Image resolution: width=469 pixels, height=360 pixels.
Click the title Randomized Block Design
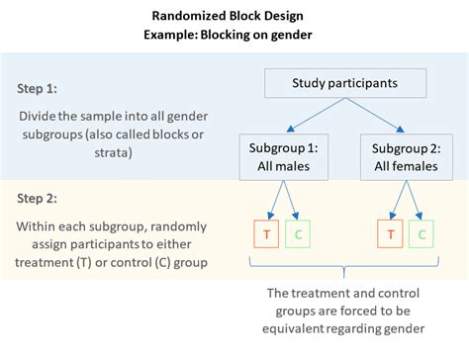click(x=234, y=15)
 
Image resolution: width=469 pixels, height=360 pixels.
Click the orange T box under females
click(x=391, y=235)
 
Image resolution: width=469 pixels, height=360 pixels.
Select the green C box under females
click(x=422, y=235)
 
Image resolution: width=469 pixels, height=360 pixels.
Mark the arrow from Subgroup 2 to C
click(x=415, y=202)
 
